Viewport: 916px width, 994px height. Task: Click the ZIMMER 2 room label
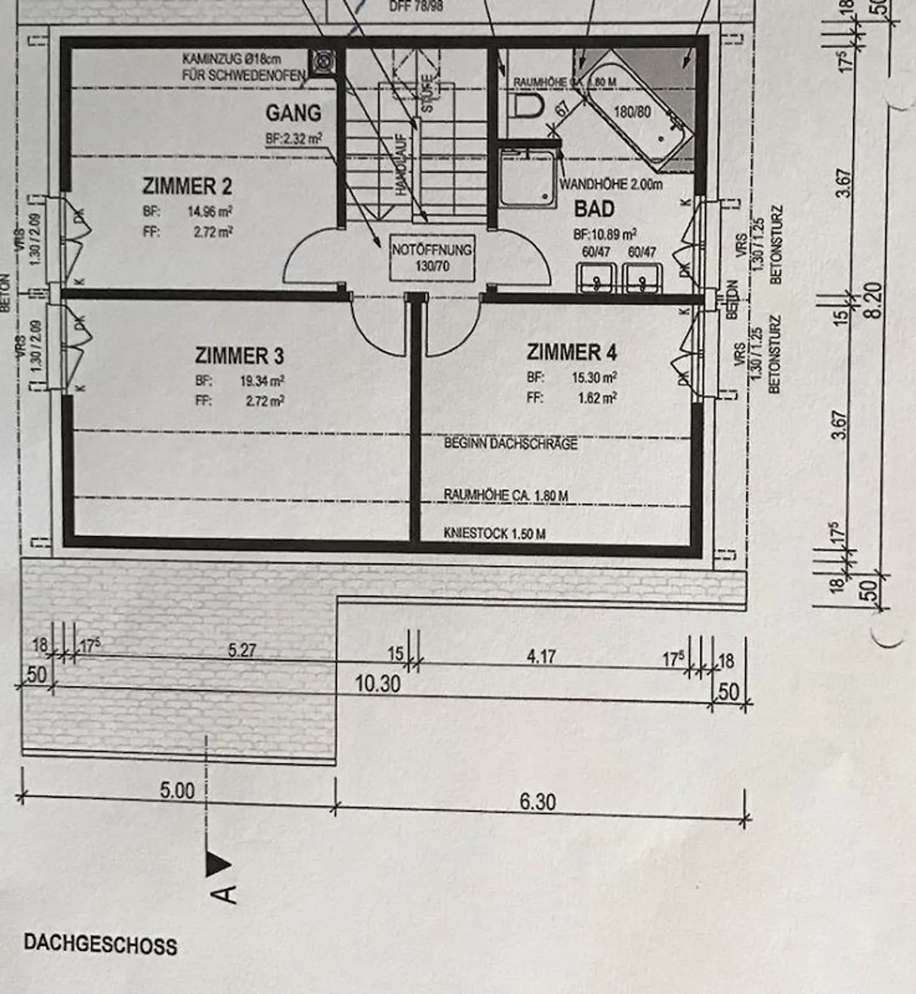point(187,186)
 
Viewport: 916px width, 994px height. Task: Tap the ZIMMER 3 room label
point(239,355)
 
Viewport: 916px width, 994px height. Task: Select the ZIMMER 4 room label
point(571,352)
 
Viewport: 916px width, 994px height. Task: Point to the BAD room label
point(594,209)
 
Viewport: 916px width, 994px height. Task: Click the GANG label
point(293,113)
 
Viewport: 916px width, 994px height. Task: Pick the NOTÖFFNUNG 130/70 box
point(432,258)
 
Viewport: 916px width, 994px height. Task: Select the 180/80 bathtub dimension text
point(632,112)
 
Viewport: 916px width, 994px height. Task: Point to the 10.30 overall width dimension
point(377,684)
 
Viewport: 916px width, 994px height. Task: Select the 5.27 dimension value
point(242,650)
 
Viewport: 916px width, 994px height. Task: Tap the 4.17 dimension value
point(541,656)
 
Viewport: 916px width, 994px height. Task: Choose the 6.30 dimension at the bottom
point(538,802)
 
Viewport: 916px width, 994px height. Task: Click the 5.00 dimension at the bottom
point(177,790)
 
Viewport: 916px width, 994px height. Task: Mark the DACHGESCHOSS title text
point(101,944)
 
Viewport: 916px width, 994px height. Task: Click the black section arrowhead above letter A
point(218,864)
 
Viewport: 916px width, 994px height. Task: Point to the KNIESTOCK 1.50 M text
point(494,534)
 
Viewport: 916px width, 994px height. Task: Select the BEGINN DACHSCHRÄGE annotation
point(510,443)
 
